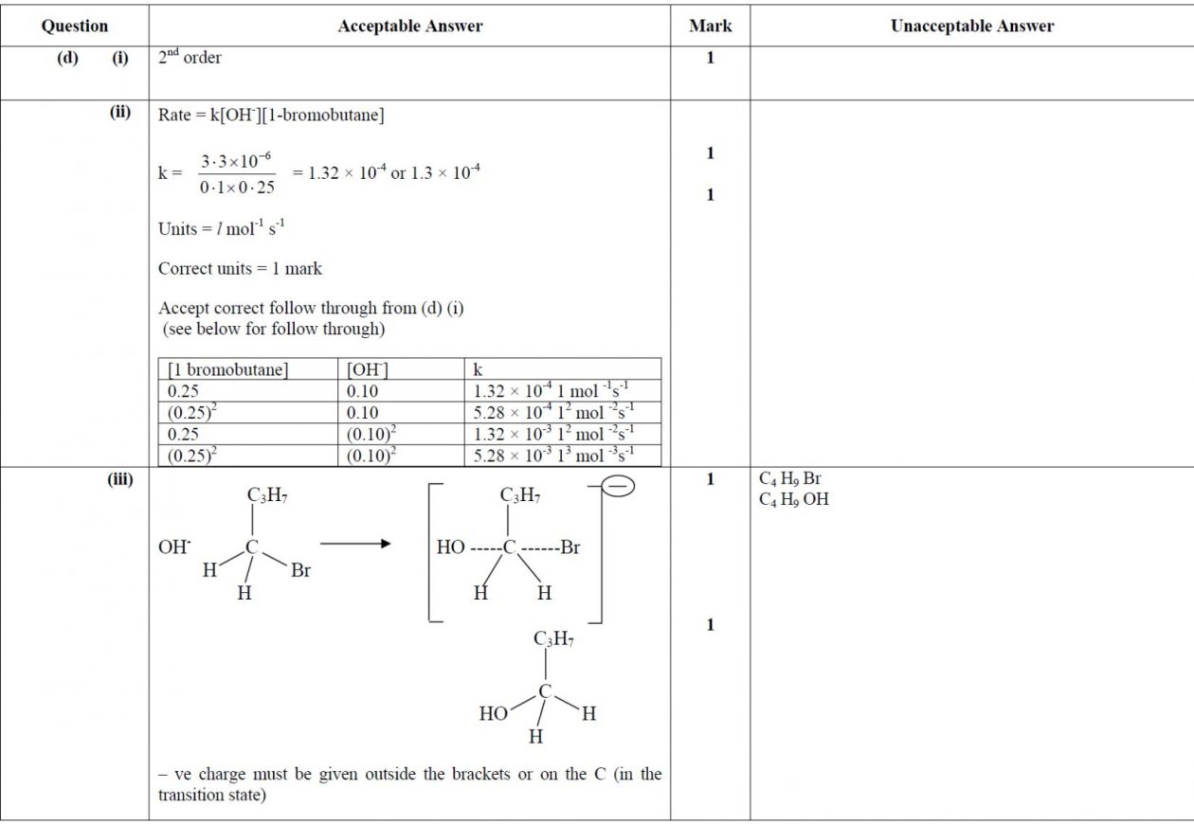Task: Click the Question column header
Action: tap(74, 27)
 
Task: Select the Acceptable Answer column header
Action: tap(409, 27)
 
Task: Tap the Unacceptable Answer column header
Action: tap(971, 27)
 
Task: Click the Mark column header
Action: tap(710, 27)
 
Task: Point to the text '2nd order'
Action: tap(190, 58)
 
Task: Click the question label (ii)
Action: tap(120, 114)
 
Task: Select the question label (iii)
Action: tap(120, 480)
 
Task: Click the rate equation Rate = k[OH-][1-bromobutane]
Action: tap(271, 116)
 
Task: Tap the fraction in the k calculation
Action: tap(237, 174)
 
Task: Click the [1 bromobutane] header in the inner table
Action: tap(227, 369)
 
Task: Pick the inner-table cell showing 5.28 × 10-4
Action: tap(553, 412)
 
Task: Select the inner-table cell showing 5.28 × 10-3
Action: tap(553, 456)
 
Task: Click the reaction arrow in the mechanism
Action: tap(355, 544)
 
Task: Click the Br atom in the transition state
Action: tap(570, 547)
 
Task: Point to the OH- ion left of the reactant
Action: tap(174, 547)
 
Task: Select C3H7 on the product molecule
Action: tap(553, 640)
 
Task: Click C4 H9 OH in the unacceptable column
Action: tap(793, 499)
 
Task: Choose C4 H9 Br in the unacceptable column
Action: tap(789, 479)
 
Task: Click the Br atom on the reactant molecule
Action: tap(300, 571)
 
